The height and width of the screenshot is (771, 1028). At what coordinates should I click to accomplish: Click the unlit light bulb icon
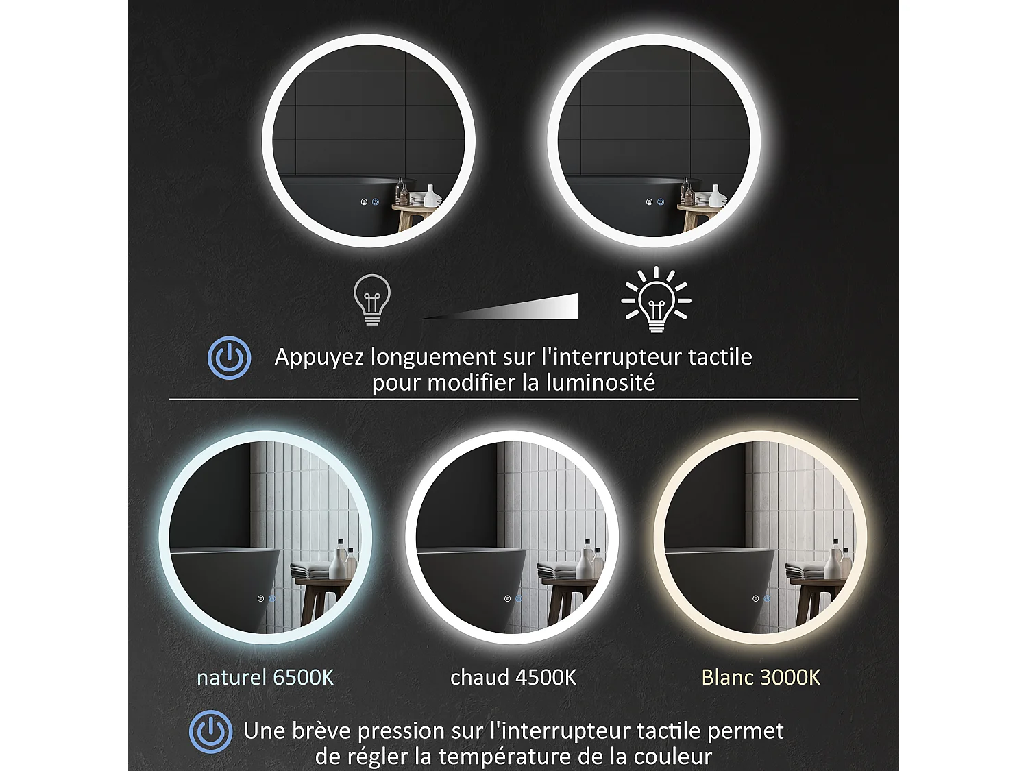point(372,299)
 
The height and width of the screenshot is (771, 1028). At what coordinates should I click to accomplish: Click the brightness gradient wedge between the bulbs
point(521,308)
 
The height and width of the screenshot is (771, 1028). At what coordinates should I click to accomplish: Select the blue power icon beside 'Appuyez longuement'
point(230,358)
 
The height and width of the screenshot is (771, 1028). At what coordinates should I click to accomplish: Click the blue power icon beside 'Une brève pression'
point(211,731)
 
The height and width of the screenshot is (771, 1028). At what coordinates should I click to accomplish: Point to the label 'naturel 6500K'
point(265,678)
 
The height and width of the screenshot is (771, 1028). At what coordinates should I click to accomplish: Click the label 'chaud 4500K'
point(513,678)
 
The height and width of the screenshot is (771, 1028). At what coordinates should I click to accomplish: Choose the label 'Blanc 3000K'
point(761,678)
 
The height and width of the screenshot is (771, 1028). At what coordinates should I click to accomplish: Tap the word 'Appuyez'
point(319,357)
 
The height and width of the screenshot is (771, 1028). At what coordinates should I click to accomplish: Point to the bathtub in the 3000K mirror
point(720,583)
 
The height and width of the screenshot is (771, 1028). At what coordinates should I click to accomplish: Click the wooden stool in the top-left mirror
point(411,216)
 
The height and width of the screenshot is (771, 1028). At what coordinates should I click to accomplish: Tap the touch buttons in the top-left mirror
point(369,202)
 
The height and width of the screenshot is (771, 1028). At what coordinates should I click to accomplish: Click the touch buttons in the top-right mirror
point(654,202)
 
